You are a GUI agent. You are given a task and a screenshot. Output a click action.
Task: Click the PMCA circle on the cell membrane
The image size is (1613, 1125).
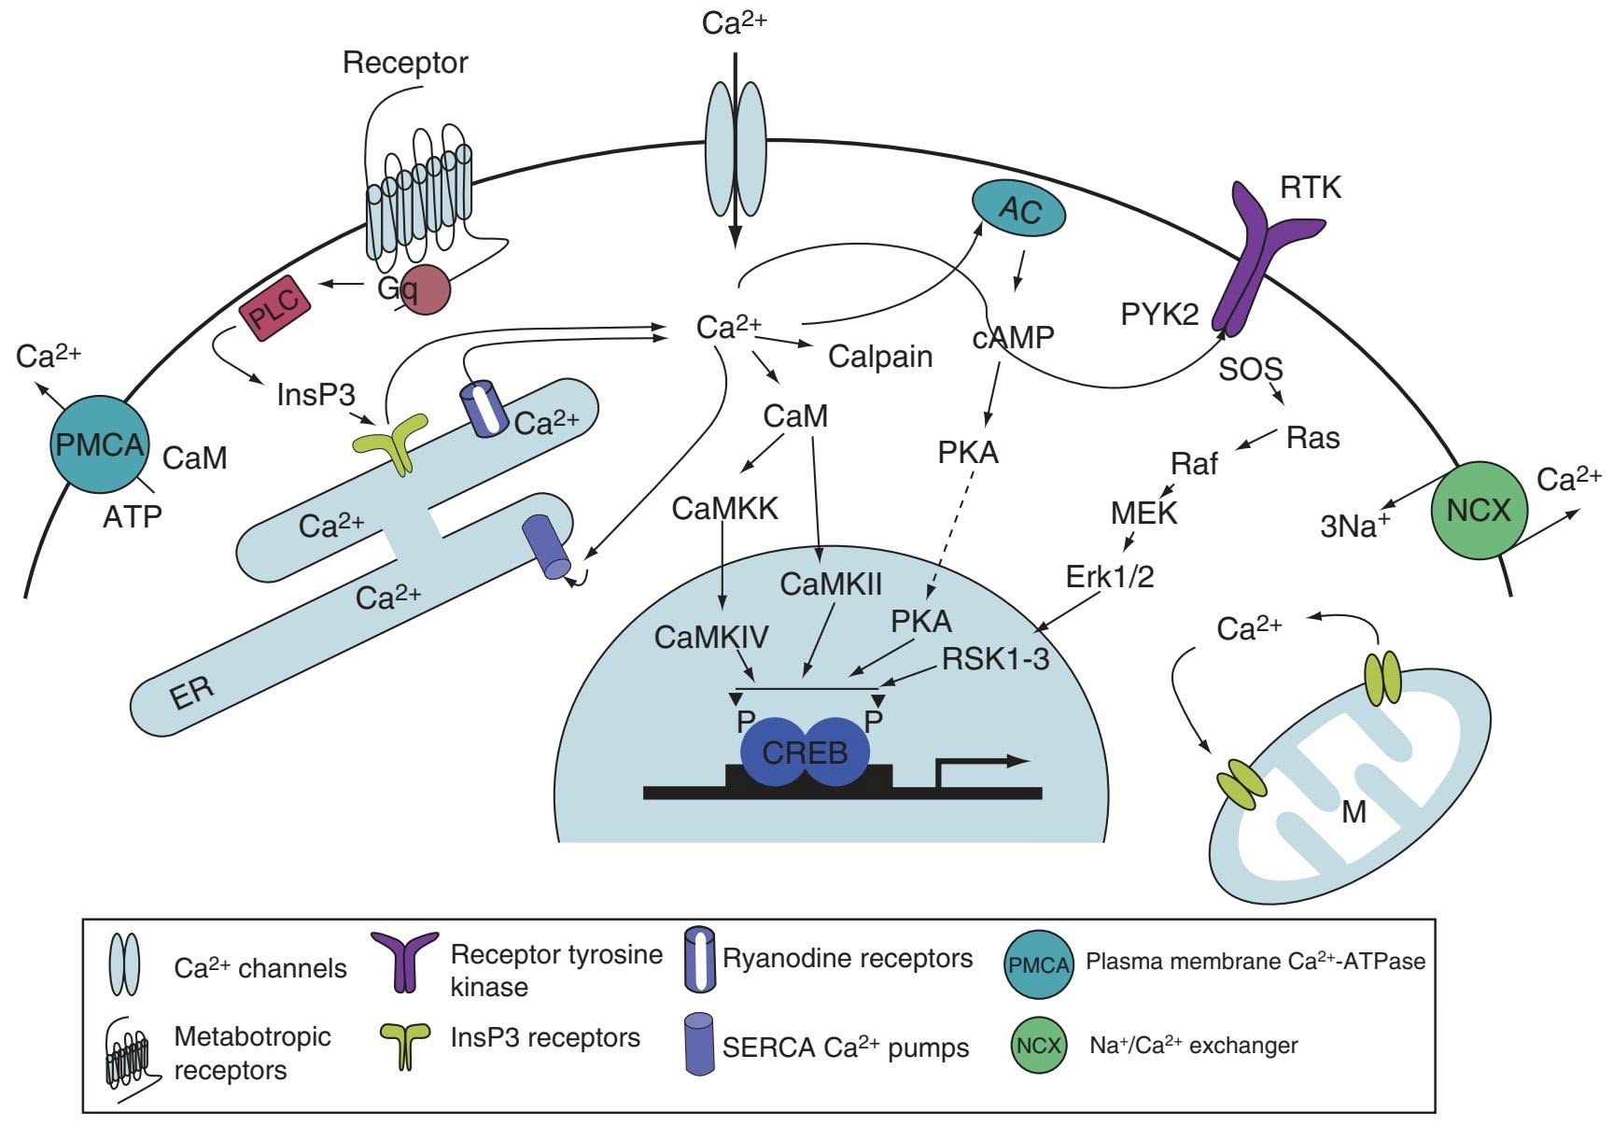tap(100, 444)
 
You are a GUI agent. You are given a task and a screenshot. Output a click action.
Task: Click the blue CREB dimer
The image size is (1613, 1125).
tap(805, 752)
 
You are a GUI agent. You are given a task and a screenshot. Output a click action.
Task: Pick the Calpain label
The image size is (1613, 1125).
tap(880, 357)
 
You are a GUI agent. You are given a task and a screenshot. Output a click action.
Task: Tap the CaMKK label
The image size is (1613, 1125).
tap(724, 509)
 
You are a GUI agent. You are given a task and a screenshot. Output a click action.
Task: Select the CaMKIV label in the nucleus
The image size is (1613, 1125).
tap(711, 637)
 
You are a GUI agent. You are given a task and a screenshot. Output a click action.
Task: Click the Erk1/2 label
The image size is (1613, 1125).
tap(1110, 577)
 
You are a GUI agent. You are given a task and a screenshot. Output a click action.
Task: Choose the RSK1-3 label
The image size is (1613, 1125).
tap(995, 659)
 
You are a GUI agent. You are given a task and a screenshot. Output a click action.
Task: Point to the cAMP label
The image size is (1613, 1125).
tap(1013, 337)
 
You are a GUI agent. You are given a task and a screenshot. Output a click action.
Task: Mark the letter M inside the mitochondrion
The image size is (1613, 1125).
tap(1354, 812)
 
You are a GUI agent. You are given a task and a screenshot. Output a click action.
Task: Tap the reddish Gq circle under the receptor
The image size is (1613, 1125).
tap(424, 289)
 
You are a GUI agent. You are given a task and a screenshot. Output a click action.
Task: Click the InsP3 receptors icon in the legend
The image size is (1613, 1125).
tap(404, 1044)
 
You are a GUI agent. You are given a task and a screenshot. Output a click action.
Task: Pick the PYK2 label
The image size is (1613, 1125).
tap(1159, 315)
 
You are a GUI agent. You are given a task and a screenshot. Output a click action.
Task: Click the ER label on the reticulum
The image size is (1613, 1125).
tap(192, 692)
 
